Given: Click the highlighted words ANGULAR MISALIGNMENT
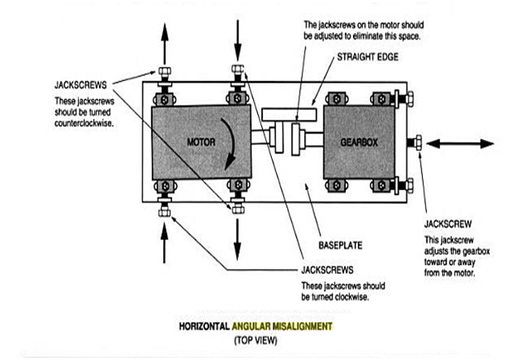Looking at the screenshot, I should click(x=281, y=327).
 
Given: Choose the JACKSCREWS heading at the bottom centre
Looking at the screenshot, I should click(x=329, y=271).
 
